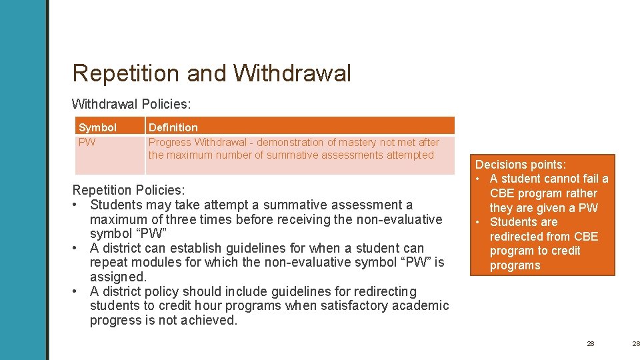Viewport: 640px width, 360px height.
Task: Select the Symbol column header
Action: (x=97, y=127)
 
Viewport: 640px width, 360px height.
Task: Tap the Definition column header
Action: (x=173, y=127)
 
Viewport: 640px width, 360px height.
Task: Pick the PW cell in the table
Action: (x=87, y=142)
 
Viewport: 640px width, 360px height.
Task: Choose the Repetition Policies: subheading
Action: (x=129, y=190)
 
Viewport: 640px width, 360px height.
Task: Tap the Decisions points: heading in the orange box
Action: (x=521, y=165)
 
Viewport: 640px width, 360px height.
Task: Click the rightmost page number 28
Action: (x=636, y=343)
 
